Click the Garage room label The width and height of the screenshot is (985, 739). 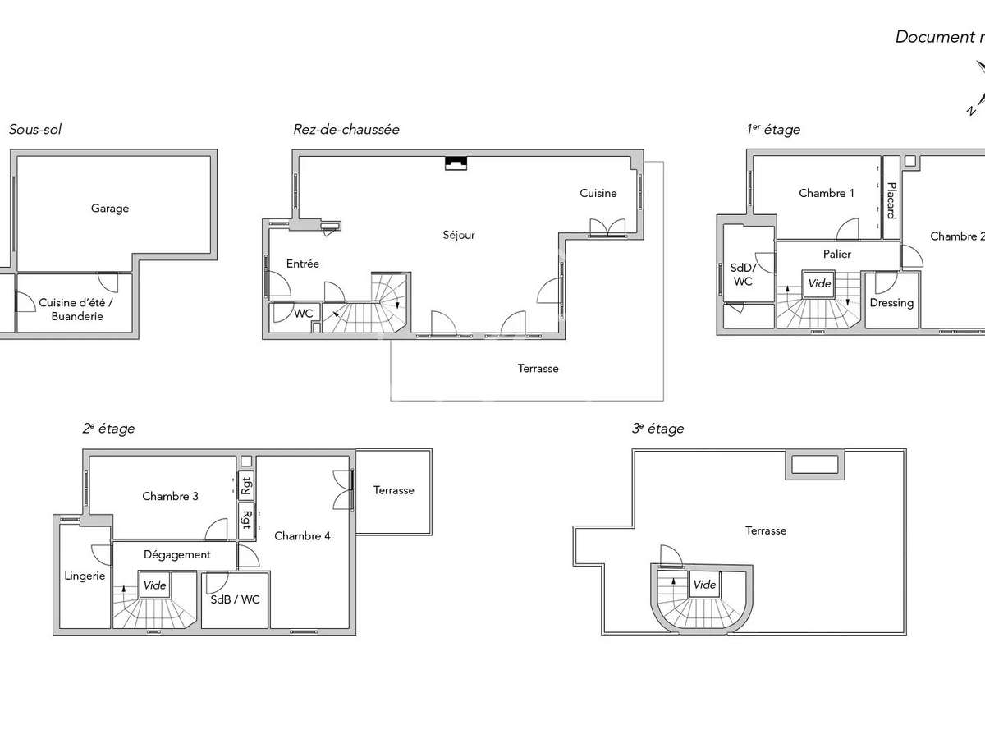(110, 209)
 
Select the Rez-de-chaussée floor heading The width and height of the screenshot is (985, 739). (346, 130)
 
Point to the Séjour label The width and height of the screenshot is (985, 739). (458, 235)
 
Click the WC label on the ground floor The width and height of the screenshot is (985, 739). (304, 314)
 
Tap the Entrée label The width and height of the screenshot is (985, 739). (303, 264)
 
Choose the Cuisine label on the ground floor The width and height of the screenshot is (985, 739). (598, 193)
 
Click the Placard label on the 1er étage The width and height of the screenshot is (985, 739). (891, 201)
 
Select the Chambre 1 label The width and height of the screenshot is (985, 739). (827, 193)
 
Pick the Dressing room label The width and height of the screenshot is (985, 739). (891, 303)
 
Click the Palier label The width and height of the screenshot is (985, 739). (837, 255)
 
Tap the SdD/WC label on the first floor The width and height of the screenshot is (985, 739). (742, 274)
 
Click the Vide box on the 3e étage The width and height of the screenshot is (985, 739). (704, 585)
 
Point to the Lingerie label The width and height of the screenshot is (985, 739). (85, 576)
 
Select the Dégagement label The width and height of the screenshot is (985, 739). (177, 554)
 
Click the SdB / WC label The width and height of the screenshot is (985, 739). (235, 599)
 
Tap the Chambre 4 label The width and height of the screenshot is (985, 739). (302, 536)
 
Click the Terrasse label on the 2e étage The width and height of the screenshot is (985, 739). (394, 490)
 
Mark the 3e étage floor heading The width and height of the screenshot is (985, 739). (657, 429)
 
